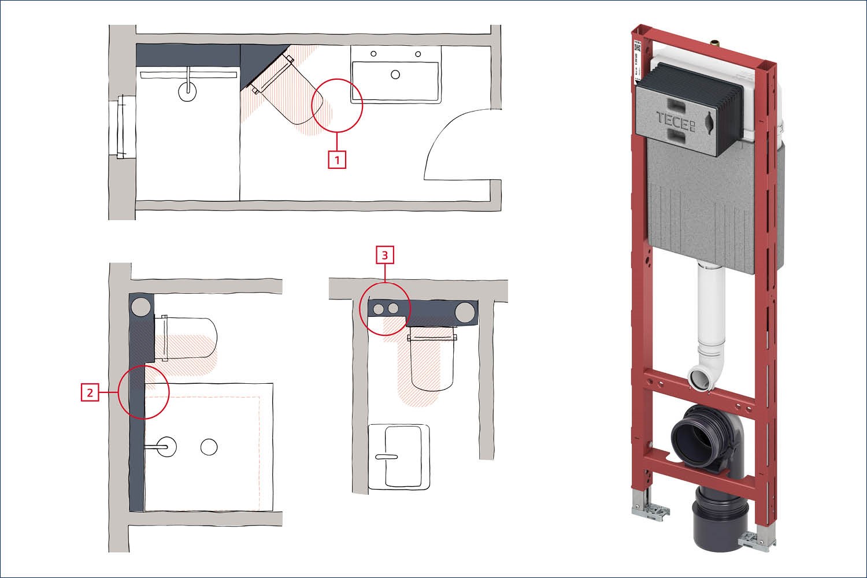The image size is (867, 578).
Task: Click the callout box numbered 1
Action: click(337, 159)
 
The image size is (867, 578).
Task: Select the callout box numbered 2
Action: click(90, 393)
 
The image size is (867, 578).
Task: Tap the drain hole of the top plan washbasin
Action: click(396, 74)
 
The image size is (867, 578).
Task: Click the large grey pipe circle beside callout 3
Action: click(465, 312)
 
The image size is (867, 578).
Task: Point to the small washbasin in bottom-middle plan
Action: click(399, 457)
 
